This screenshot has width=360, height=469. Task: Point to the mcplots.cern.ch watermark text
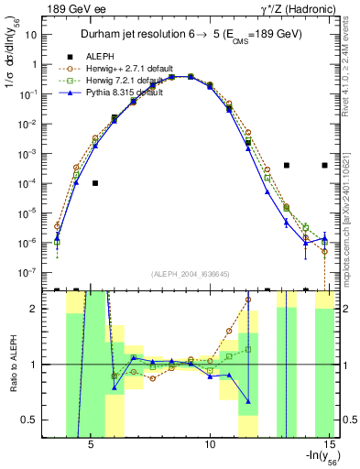(352, 202)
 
